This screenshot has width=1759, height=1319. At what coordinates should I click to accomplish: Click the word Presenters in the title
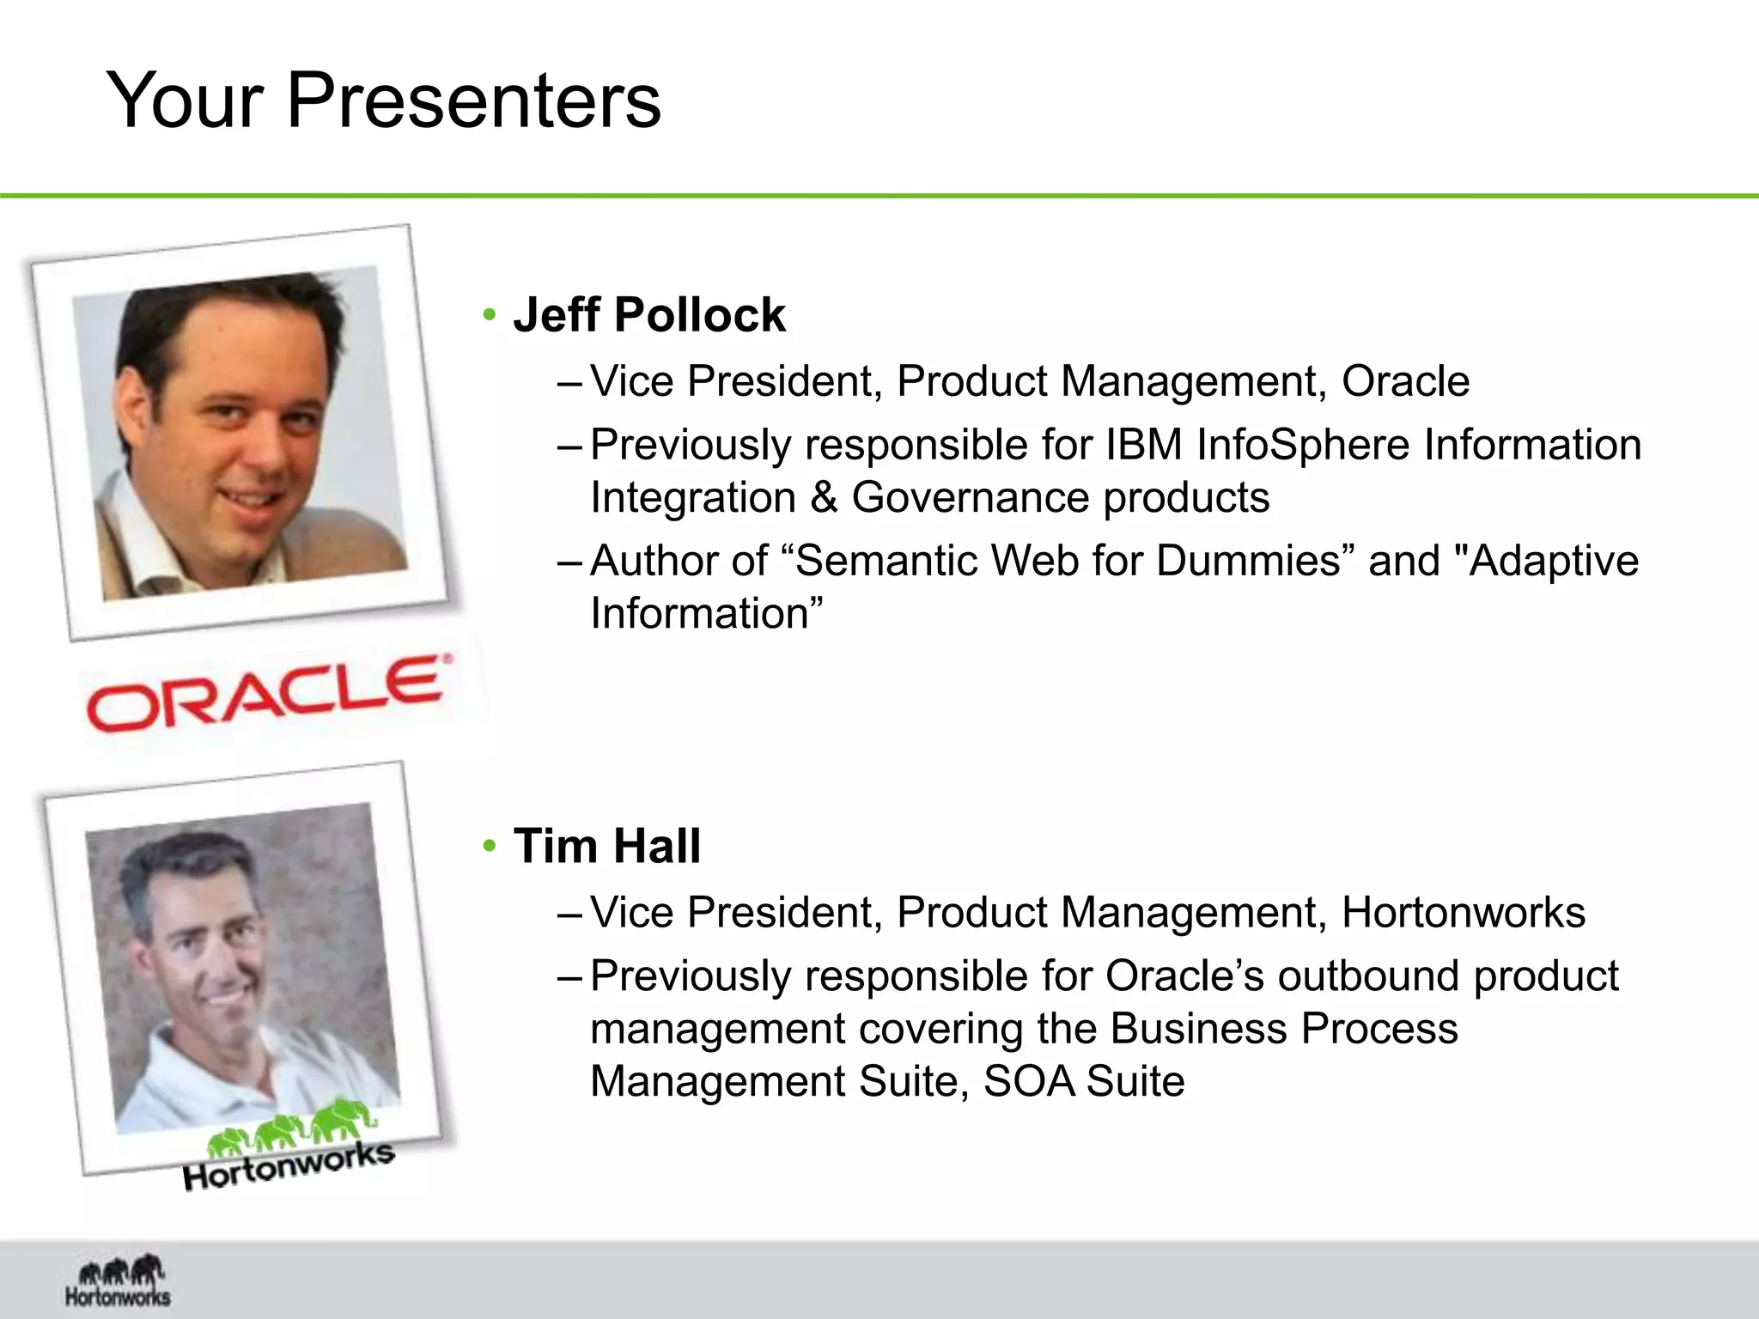pyautogui.click(x=473, y=101)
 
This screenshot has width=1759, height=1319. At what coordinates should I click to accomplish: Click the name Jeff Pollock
pyautogui.click(x=648, y=315)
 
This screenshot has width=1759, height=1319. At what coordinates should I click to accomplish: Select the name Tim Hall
pyautogui.click(x=606, y=846)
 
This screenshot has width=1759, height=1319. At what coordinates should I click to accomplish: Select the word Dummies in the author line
pyautogui.click(x=1249, y=561)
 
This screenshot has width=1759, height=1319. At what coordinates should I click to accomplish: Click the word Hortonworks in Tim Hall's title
pyautogui.click(x=1463, y=912)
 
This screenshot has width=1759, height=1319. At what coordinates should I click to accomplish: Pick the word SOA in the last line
pyautogui.click(x=1027, y=1081)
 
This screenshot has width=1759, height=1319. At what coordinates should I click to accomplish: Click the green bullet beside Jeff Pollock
pyautogui.click(x=490, y=315)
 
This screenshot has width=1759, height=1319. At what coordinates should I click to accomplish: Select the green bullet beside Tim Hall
pyautogui.click(x=490, y=847)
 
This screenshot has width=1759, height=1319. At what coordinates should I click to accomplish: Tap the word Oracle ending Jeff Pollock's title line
pyautogui.click(x=1405, y=381)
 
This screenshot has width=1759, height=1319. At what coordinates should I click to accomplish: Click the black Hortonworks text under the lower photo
pyautogui.click(x=289, y=1166)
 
